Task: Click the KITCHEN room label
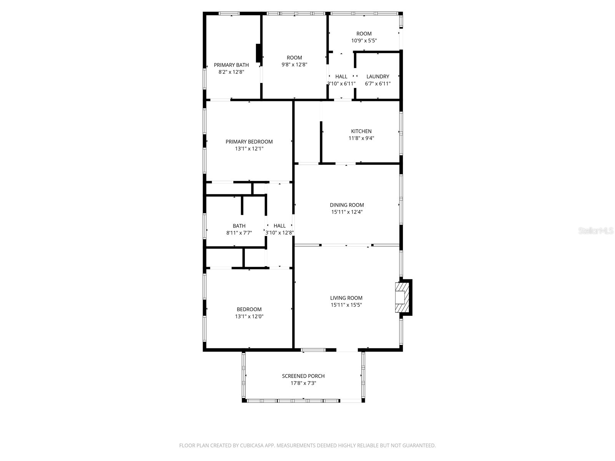361,131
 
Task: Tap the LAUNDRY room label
377,76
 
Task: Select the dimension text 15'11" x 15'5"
346,305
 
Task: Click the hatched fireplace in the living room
401,297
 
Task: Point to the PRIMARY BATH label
231,65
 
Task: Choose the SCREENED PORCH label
303,376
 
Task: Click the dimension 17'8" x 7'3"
303,383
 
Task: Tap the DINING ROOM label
346,205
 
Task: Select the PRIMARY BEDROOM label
249,142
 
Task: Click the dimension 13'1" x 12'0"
249,317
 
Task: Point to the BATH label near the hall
239,226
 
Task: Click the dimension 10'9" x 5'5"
364,40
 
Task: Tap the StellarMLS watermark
596,231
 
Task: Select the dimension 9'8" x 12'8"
294,65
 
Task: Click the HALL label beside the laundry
341,76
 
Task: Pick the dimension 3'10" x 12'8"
279,232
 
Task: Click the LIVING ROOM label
346,298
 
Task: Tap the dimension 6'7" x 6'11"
377,83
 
